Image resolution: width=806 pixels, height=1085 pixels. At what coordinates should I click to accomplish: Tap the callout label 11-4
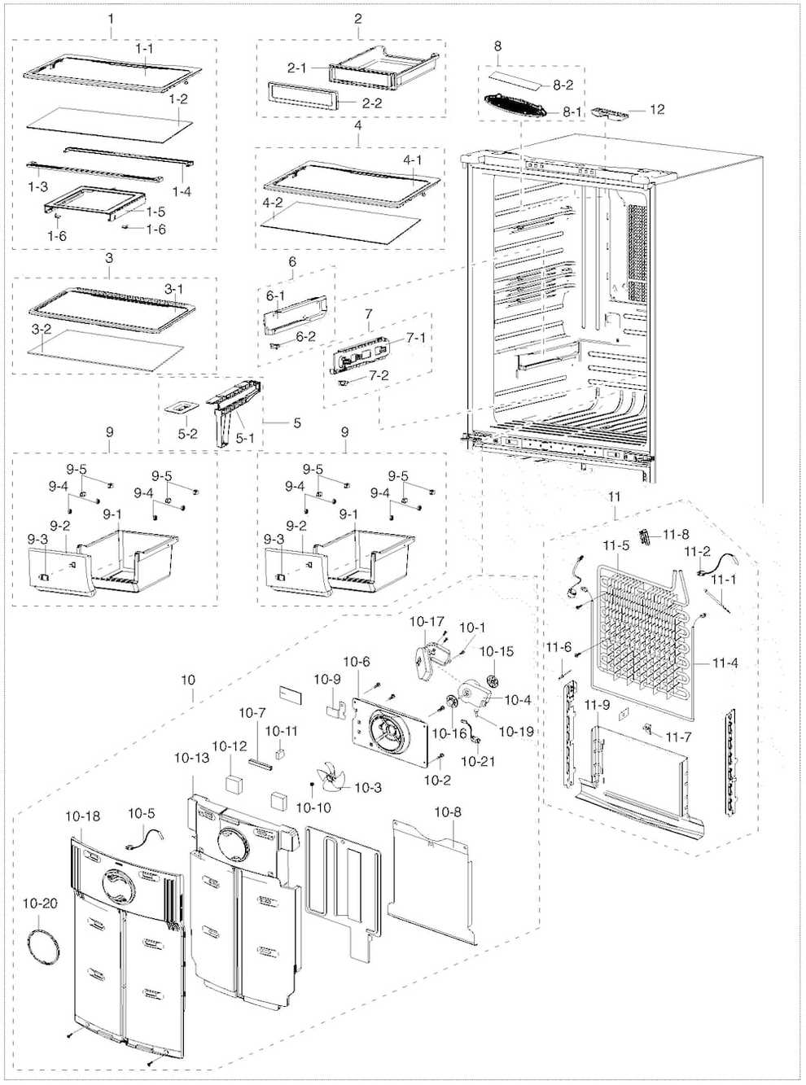point(725,663)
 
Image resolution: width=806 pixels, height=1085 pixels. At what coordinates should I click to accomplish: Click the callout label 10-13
point(191,758)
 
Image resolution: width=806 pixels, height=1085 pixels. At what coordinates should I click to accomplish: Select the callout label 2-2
point(372,103)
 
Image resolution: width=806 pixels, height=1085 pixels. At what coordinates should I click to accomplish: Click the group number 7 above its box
point(369,313)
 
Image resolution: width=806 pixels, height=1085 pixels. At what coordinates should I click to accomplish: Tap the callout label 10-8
point(447,812)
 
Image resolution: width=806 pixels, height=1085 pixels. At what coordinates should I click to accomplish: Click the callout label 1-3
point(37,186)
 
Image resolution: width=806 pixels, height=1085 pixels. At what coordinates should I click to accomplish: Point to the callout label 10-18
point(83,816)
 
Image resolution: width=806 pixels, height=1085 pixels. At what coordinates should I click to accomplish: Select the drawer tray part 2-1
point(383,68)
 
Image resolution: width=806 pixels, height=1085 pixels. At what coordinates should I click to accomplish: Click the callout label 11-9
point(597,705)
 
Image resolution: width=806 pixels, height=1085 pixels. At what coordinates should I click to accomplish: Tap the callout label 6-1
point(275,295)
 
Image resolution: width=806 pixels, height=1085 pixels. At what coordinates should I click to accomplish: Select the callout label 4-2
point(272,202)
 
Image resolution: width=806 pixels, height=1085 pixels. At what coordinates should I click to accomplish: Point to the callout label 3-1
point(174,289)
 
